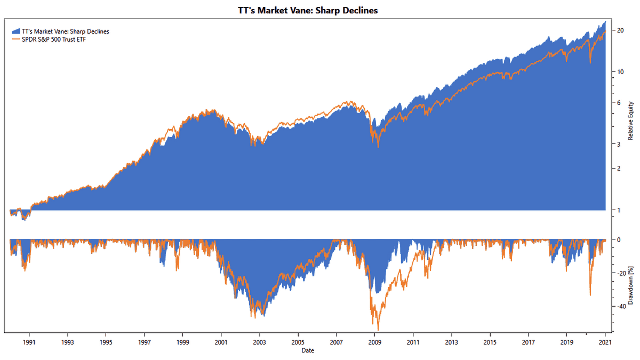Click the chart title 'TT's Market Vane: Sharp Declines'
[308, 10]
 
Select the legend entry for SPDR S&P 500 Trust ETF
[53, 39]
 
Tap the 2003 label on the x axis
[259, 342]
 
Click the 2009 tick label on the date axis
[374, 342]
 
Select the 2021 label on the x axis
[605, 342]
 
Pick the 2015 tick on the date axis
[490, 342]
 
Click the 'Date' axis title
[308, 350]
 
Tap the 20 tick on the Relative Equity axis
[620, 31]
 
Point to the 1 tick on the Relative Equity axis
[619, 210]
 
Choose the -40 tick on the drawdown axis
[621, 306]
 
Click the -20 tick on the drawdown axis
[621, 273]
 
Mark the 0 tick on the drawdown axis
[619, 240]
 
